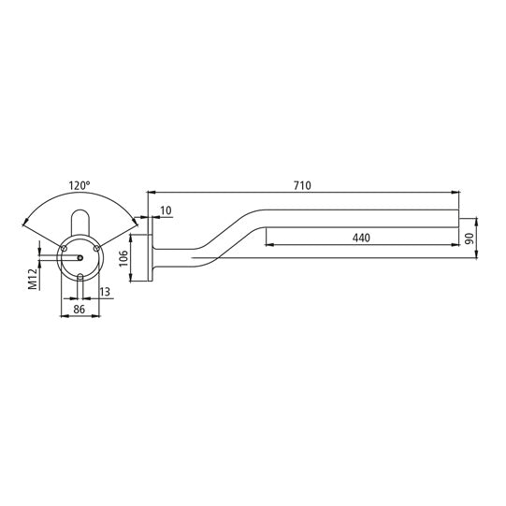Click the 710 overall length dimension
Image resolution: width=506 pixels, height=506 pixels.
click(302, 185)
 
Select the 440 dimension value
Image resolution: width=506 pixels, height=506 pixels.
click(361, 238)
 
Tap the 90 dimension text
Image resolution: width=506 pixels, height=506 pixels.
click(470, 239)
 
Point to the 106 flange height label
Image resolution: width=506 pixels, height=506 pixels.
click(123, 258)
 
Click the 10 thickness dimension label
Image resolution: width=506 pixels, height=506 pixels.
click(166, 210)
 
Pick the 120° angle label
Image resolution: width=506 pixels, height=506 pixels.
click(80, 185)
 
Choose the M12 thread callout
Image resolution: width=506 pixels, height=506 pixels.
click(33, 280)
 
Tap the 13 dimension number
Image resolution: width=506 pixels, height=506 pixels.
click(105, 292)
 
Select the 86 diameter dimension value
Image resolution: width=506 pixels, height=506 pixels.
click(80, 310)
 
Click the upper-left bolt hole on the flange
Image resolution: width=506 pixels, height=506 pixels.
click(64, 248)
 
